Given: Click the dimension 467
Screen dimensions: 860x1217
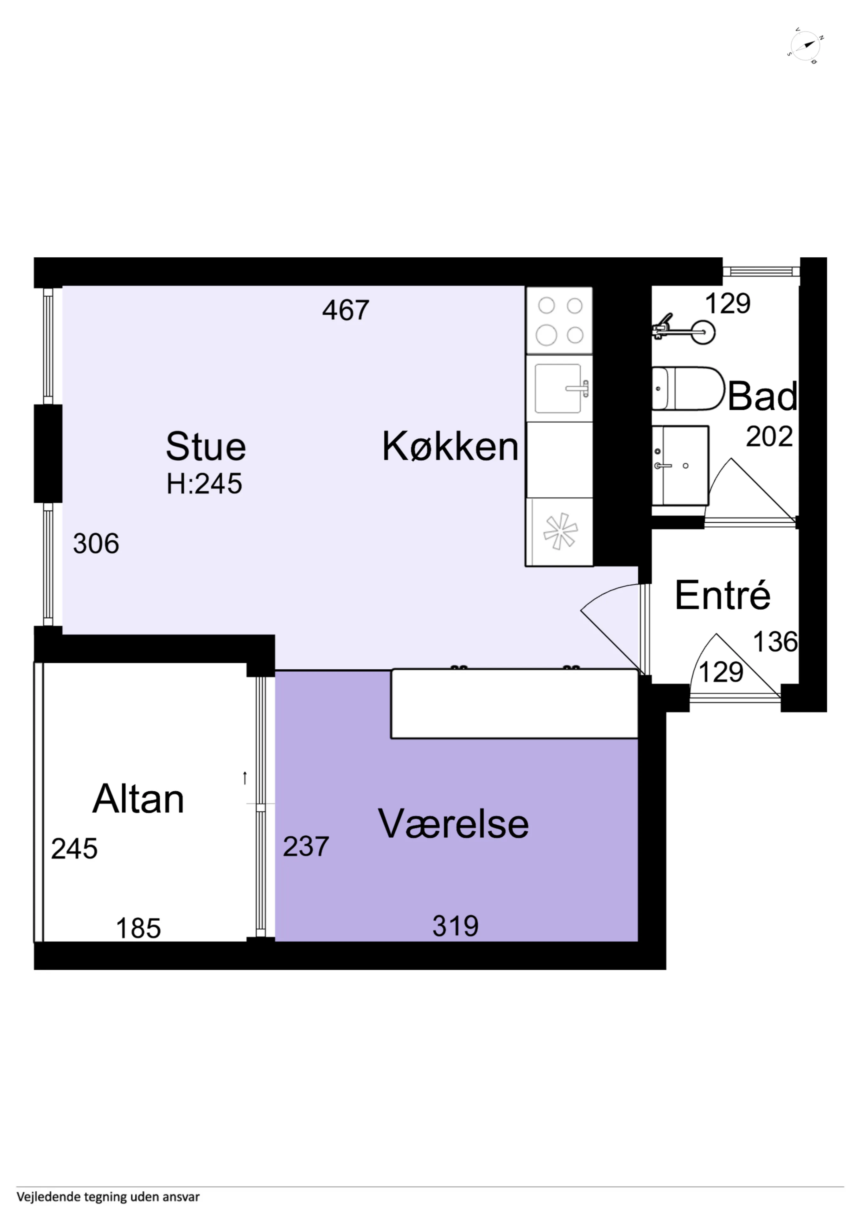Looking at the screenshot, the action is pos(346,310).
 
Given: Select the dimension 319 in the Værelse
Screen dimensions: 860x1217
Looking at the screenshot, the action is pos(455,926).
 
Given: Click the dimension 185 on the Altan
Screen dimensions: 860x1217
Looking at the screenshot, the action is pos(138,928).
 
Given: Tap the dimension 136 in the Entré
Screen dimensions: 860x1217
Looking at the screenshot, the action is pos(775,642).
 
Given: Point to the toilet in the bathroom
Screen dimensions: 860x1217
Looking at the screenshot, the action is pos(688,389).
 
